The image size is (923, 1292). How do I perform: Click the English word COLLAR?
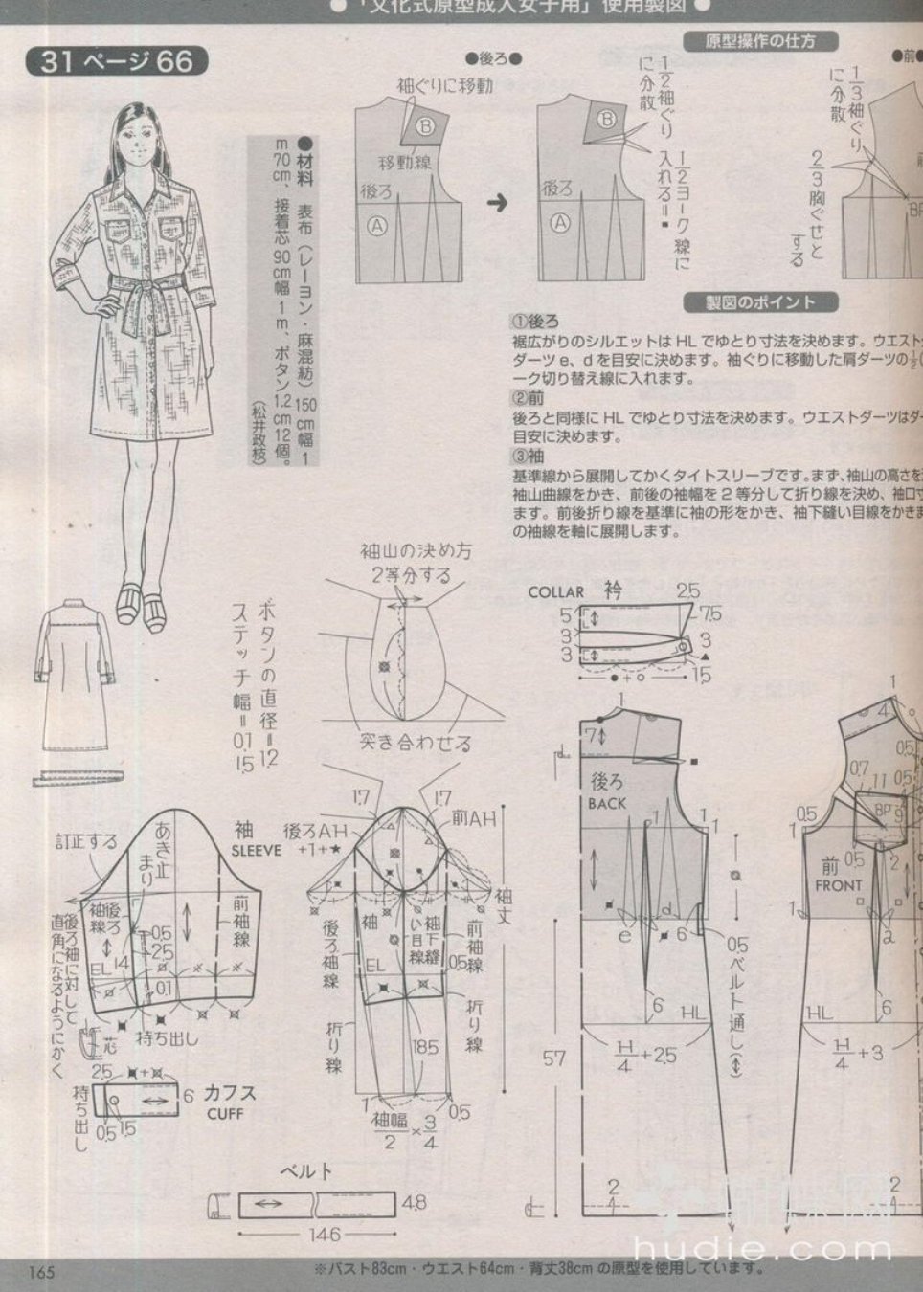pos(555,592)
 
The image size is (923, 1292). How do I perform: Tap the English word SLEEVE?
pos(257,850)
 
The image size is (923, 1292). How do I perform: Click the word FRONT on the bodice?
pos(838,885)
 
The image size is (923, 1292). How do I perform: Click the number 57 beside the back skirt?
pos(554,1058)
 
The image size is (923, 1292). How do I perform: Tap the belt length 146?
pos(324,1235)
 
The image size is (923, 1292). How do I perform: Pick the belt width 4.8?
pos(414,1203)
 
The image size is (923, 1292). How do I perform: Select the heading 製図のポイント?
pos(759,302)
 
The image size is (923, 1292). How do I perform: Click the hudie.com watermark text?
pos(762,1247)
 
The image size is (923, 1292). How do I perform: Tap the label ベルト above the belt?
pos(305,1170)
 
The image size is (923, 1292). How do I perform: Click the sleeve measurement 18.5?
pos(425,1047)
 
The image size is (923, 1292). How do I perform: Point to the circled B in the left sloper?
pos(425,125)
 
